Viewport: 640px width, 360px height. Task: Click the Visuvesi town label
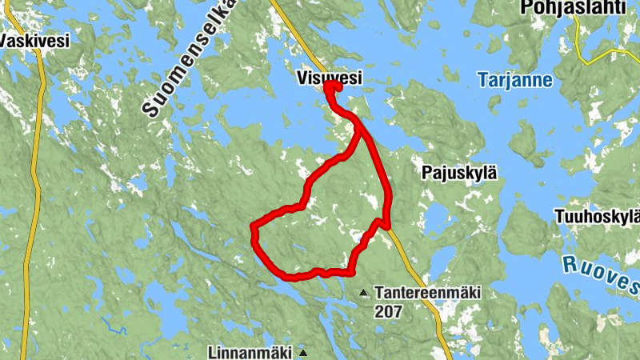click(x=329, y=78)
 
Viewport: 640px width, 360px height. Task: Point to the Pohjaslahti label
click(x=572, y=7)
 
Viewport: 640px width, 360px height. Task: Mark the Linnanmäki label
click(x=250, y=352)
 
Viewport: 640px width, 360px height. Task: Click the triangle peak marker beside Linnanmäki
click(x=302, y=352)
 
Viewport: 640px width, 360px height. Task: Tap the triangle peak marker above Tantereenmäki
click(x=364, y=293)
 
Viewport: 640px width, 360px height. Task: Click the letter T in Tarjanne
click(x=482, y=79)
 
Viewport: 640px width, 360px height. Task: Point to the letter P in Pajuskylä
click(x=426, y=172)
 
